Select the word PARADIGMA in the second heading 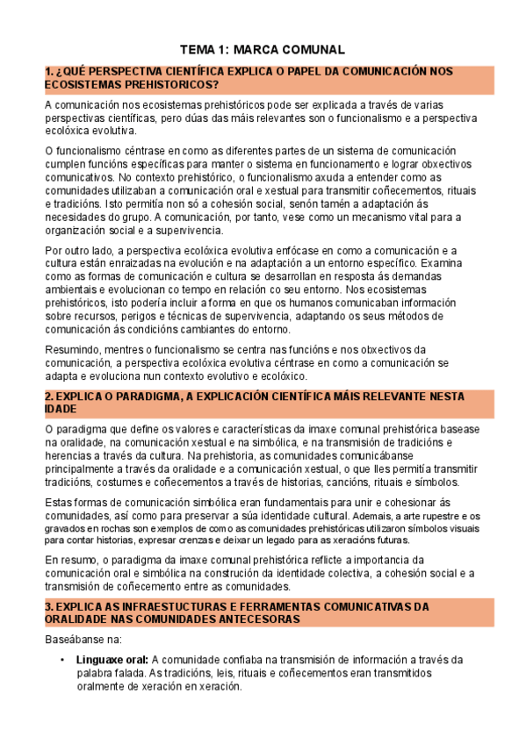pyautogui.click(x=132, y=397)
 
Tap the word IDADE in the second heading pyautogui.click(x=61, y=409)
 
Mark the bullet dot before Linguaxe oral pyautogui.click(x=61, y=660)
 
